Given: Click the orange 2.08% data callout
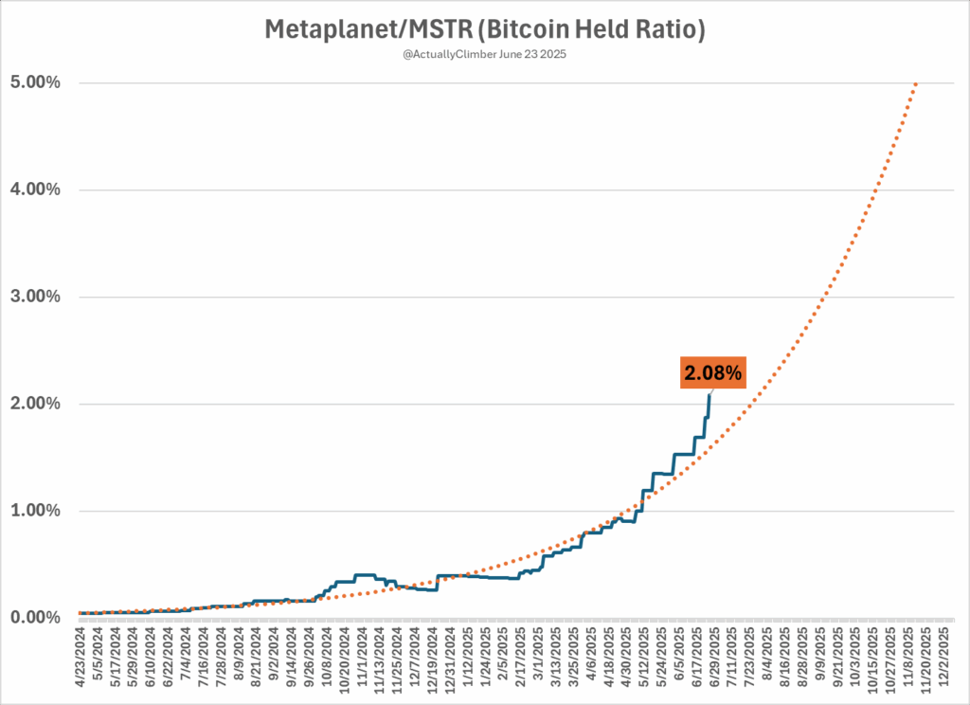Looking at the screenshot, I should [713, 372].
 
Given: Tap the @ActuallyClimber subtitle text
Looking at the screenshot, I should [484, 56].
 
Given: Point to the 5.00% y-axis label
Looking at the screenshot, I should [35, 82].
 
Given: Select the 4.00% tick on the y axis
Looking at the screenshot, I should [35, 190].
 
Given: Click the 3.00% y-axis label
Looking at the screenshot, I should [35, 297].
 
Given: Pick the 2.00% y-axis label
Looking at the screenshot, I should [35, 404].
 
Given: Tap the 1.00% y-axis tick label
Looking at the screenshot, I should [35, 511].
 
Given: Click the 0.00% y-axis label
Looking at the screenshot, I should [35, 618].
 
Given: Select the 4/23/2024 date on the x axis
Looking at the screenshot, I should [82, 660].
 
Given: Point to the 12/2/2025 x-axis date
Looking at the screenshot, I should [942, 660].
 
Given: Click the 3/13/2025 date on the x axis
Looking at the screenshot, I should [554, 660].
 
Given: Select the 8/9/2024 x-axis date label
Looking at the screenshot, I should [240, 660].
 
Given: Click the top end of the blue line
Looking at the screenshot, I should [710, 394].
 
